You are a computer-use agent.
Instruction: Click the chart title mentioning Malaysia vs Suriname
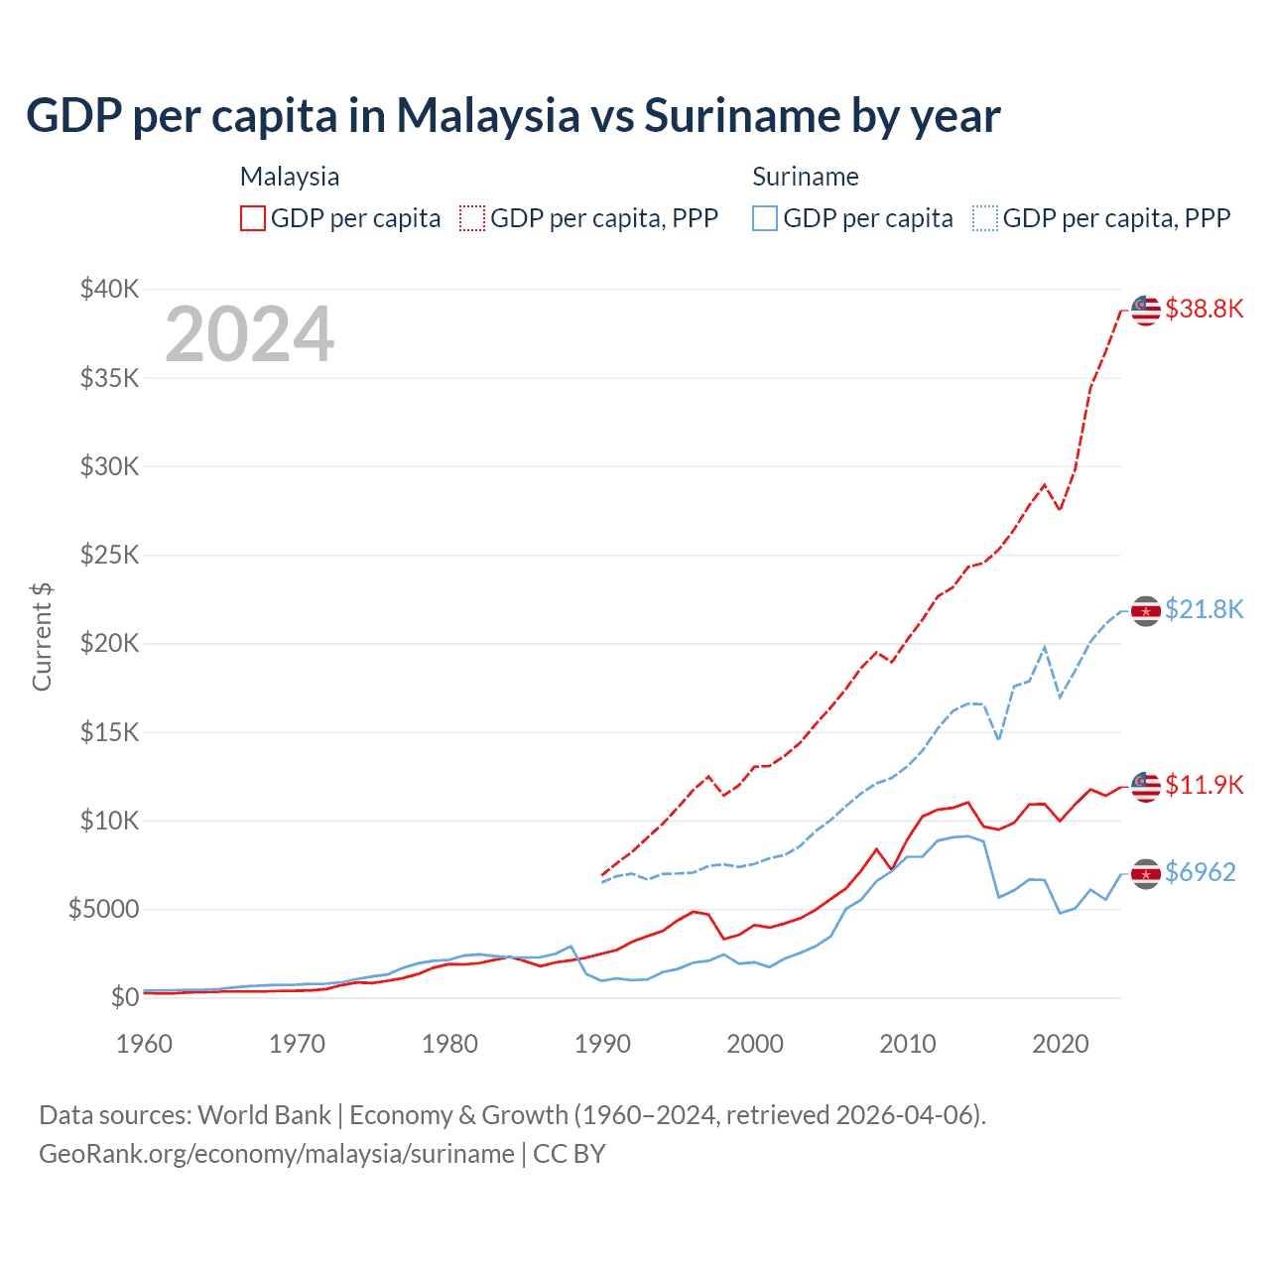[513, 115]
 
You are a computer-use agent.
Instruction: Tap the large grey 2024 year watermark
[249, 334]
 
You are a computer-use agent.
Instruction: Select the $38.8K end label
[1204, 309]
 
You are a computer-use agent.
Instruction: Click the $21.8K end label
[1204, 609]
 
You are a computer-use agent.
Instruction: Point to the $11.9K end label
[1204, 785]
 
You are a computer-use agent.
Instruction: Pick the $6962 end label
[1200, 872]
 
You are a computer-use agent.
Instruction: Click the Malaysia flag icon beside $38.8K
[1146, 310]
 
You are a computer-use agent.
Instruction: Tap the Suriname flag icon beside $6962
[1146, 873]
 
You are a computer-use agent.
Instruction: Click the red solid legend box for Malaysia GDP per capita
[253, 218]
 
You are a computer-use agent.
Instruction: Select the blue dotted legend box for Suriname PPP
[985, 218]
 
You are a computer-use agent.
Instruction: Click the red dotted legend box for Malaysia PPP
[473, 218]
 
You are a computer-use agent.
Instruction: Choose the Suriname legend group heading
[805, 177]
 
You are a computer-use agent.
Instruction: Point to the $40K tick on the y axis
[110, 289]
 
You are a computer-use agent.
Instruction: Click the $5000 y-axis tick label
[103, 909]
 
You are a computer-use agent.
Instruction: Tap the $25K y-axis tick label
[110, 555]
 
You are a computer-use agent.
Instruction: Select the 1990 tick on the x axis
[602, 1044]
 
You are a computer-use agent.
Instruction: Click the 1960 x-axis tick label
[145, 1044]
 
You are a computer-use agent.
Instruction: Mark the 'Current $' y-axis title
[42, 636]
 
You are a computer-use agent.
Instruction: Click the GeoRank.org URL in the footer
[277, 1154]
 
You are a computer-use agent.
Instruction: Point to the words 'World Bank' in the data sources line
[264, 1115]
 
